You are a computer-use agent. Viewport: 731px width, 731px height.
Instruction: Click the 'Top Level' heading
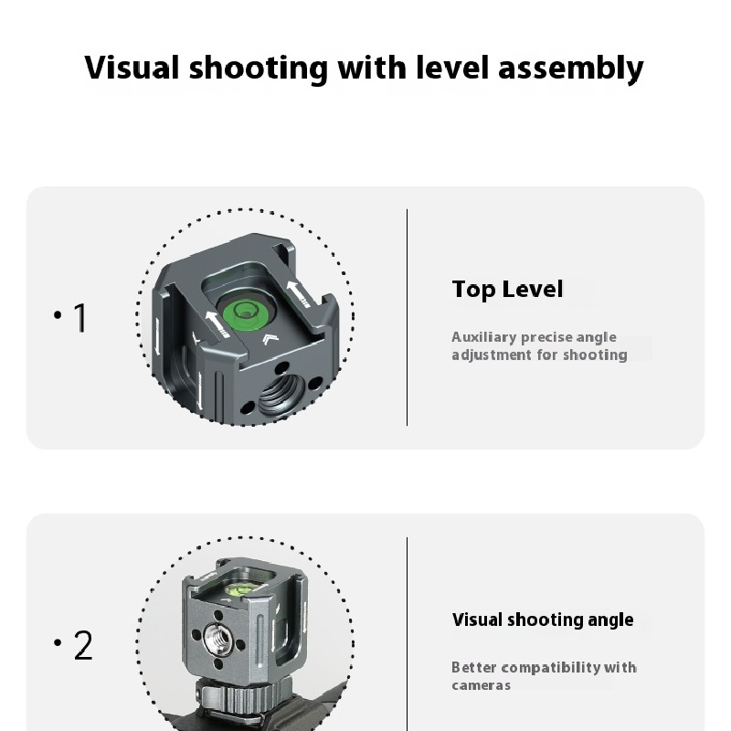pyautogui.click(x=507, y=290)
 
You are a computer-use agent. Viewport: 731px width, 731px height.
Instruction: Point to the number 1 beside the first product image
pyautogui.click(x=79, y=318)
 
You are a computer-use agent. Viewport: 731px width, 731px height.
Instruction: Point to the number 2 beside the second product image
pyautogui.click(x=82, y=646)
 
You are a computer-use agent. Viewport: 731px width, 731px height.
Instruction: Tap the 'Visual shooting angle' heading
pyautogui.click(x=543, y=620)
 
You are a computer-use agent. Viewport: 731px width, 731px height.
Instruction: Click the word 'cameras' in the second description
pyautogui.click(x=481, y=685)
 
